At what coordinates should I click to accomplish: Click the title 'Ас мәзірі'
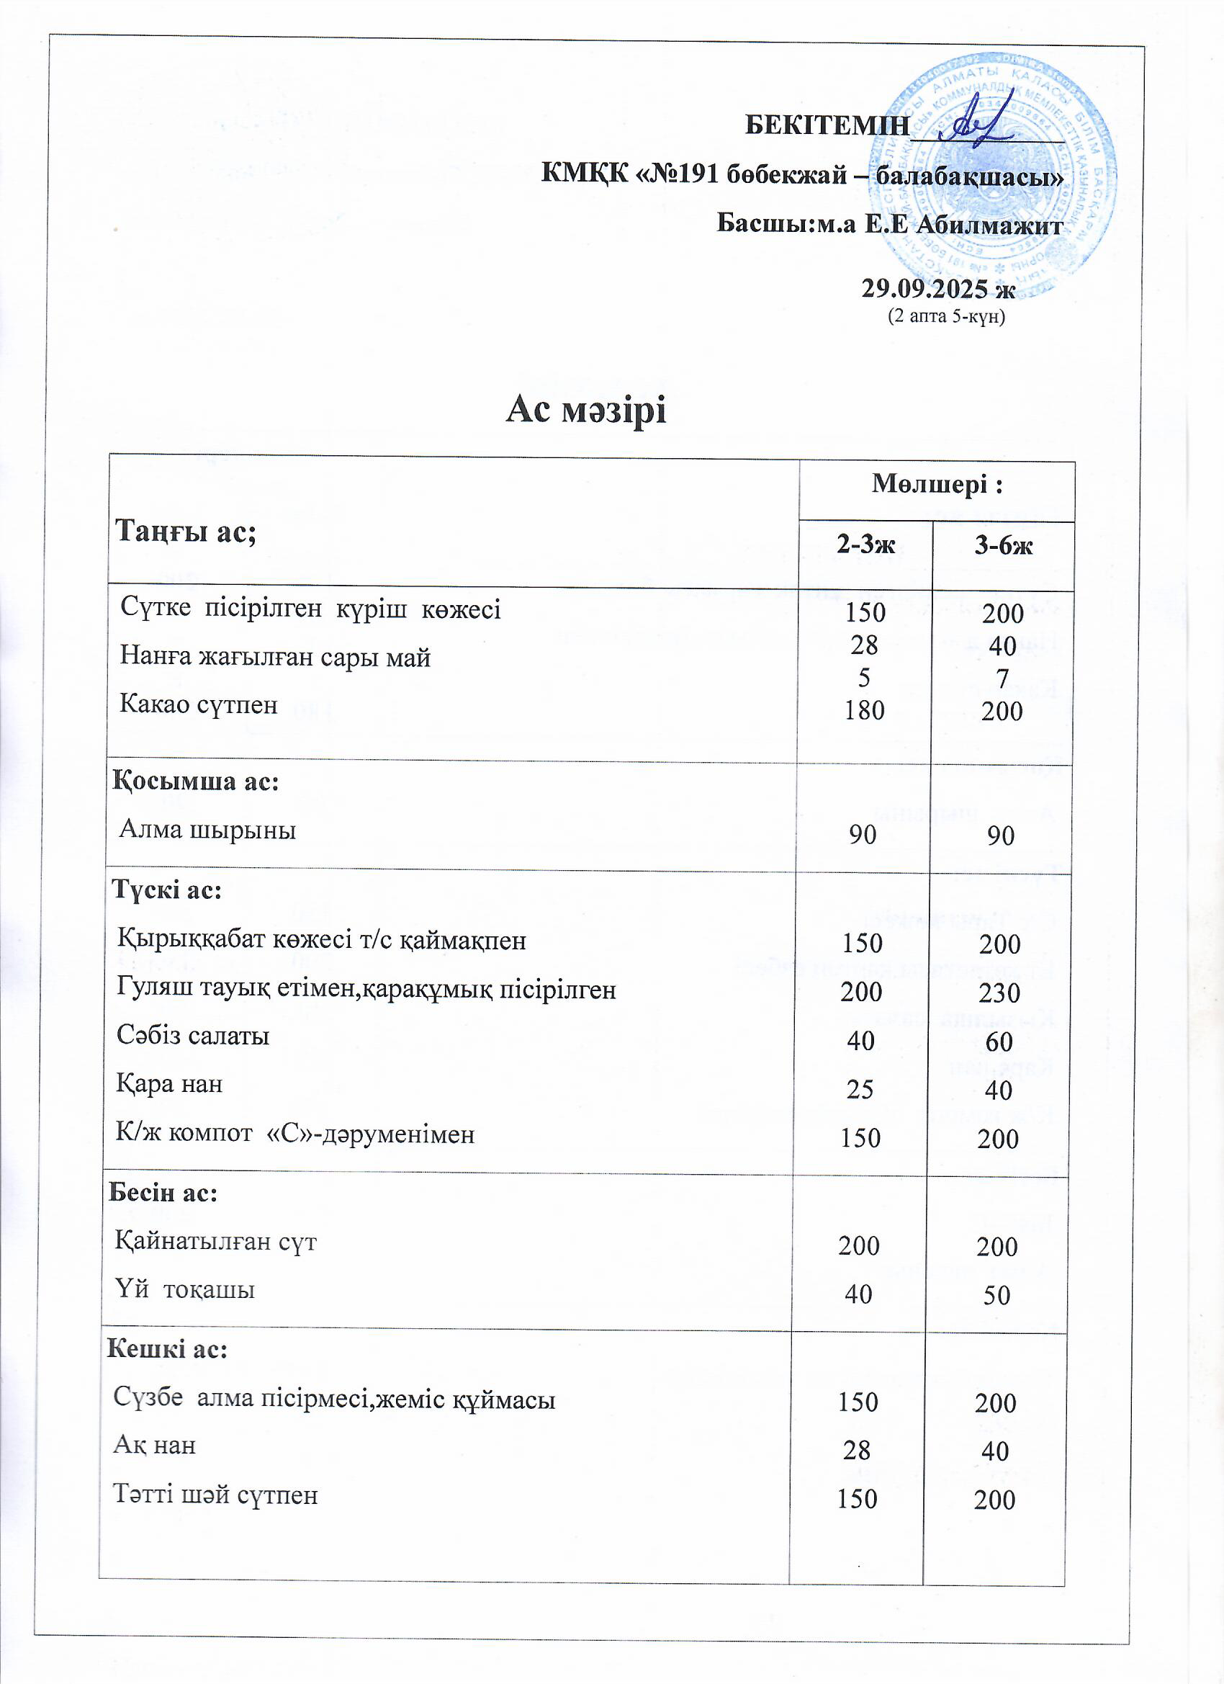pyautogui.click(x=585, y=410)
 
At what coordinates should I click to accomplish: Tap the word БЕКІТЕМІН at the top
pyautogui.click(x=826, y=125)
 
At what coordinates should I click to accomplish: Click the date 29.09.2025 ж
pyautogui.click(x=937, y=288)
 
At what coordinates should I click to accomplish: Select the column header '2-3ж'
pyautogui.click(x=865, y=546)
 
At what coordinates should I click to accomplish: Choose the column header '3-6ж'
pyautogui.click(x=1003, y=546)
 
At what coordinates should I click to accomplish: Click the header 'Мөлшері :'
pyautogui.click(x=937, y=484)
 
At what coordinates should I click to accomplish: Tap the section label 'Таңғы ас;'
pyautogui.click(x=186, y=532)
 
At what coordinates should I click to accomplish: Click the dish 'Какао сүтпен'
pyautogui.click(x=199, y=703)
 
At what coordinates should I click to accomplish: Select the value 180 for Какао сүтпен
pyautogui.click(x=864, y=711)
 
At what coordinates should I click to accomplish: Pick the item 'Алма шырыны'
pyautogui.click(x=208, y=828)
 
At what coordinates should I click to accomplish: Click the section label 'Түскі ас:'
pyautogui.click(x=167, y=890)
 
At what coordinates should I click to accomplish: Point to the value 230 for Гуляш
pyautogui.click(x=999, y=993)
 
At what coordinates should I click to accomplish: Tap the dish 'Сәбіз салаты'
pyautogui.click(x=193, y=1035)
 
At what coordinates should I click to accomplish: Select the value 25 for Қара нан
pyautogui.click(x=860, y=1089)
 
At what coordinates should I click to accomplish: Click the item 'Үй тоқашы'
pyautogui.click(x=185, y=1289)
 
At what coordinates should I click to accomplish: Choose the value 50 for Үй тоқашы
pyautogui.click(x=996, y=1296)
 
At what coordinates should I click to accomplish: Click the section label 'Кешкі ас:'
pyautogui.click(x=168, y=1348)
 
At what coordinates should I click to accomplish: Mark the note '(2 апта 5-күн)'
pyautogui.click(x=946, y=316)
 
